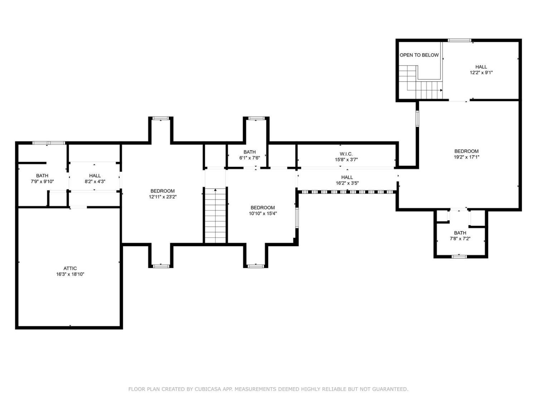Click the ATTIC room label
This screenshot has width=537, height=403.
[x=70, y=268]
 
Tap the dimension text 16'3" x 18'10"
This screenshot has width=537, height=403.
[x=70, y=274]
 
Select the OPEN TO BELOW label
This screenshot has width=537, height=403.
[x=419, y=55]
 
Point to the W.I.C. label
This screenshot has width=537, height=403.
[x=346, y=154]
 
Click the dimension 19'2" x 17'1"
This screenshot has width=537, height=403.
[x=466, y=157]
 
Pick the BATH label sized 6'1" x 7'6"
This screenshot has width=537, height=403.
[x=250, y=152]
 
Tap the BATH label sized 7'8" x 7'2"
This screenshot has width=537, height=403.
[x=460, y=233]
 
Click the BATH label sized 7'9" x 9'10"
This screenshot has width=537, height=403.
[x=42, y=176]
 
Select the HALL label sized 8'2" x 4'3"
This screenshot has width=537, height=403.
[x=95, y=176]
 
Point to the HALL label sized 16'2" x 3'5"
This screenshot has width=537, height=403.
[x=347, y=177]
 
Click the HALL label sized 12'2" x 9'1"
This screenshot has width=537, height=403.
[x=481, y=67]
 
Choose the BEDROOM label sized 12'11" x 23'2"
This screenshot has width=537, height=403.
[x=163, y=191]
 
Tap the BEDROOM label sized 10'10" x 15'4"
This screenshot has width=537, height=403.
[x=262, y=207]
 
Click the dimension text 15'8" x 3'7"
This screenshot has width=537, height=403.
[x=346, y=160]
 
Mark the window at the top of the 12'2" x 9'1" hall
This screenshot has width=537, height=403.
[x=459, y=40]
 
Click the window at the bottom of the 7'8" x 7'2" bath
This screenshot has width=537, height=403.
[x=459, y=256]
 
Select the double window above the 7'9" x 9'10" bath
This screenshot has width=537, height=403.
[x=49, y=143]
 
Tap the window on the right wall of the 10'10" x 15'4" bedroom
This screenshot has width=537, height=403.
[x=297, y=218]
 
